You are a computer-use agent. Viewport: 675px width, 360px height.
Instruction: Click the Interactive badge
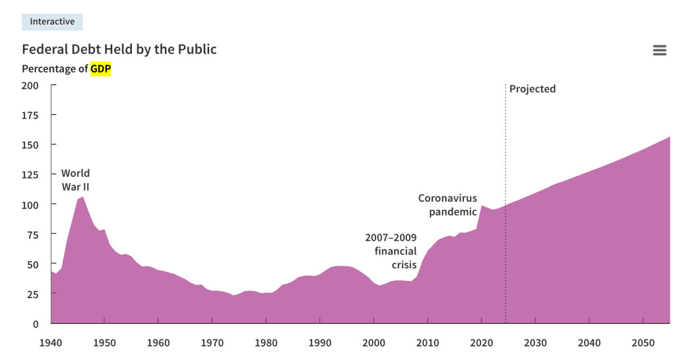click(x=52, y=22)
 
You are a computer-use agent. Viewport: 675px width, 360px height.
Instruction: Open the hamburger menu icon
click(x=659, y=50)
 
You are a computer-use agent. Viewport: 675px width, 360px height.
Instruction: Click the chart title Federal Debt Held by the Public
click(x=119, y=49)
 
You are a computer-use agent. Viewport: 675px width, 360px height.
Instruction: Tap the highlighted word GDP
click(x=101, y=69)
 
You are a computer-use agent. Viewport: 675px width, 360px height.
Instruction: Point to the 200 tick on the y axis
click(x=30, y=86)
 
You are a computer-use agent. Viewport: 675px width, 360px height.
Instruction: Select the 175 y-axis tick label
click(x=30, y=115)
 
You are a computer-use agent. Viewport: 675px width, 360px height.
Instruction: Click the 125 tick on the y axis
click(x=30, y=175)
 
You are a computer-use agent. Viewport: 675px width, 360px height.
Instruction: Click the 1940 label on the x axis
click(x=51, y=343)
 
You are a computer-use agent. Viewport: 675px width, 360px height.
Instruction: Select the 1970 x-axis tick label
click(x=212, y=343)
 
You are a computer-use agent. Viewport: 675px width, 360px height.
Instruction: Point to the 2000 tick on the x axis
click(x=373, y=343)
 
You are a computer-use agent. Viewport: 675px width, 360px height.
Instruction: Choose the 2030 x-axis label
click(x=535, y=343)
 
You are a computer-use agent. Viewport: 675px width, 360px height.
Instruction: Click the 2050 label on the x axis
click(x=643, y=343)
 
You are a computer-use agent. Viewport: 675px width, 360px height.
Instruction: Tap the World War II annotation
click(x=75, y=180)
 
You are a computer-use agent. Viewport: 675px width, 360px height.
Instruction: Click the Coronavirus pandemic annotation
click(x=447, y=205)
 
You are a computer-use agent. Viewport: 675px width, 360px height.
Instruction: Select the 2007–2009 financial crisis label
click(x=391, y=251)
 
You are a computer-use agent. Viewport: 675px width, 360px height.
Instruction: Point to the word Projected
click(x=532, y=89)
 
